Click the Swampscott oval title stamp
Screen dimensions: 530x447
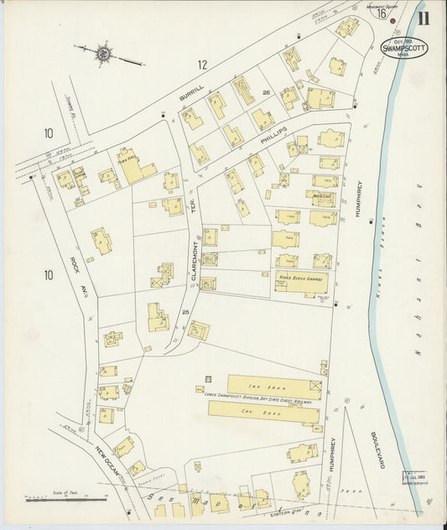coord(403,48)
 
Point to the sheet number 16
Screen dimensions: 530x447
coord(382,13)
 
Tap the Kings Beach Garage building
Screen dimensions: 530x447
coord(300,282)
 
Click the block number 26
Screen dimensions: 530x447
coord(266,93)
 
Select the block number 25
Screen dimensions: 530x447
coord(175,312)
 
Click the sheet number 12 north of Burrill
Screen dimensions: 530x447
coord(202,64)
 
